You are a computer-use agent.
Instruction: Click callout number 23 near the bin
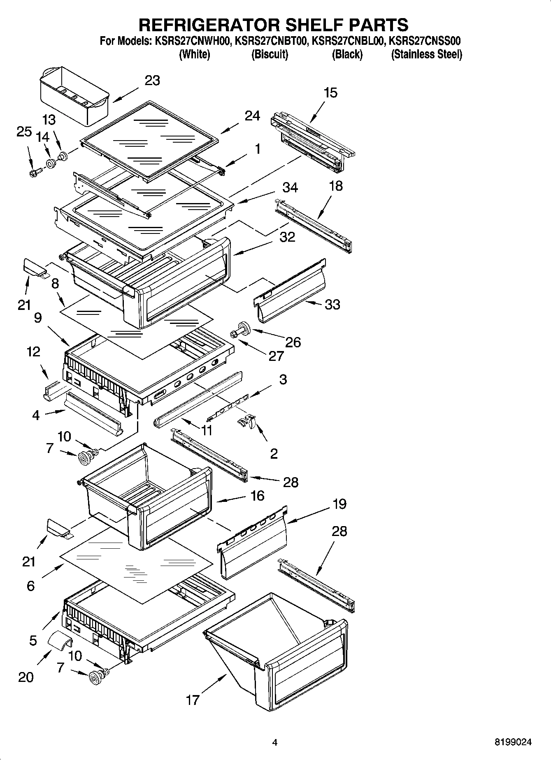152,81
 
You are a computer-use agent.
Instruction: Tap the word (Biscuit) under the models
270,54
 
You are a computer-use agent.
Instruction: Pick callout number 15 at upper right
330,93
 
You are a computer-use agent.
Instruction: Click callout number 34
290,188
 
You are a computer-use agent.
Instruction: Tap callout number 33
332,305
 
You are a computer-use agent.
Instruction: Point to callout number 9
38,318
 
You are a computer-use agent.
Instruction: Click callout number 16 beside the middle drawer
257,496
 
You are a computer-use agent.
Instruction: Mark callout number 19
339,504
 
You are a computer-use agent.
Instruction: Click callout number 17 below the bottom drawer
193,700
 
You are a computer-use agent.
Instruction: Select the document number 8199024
513,742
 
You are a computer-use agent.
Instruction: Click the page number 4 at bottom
275,742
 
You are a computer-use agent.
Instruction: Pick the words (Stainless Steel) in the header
426,54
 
